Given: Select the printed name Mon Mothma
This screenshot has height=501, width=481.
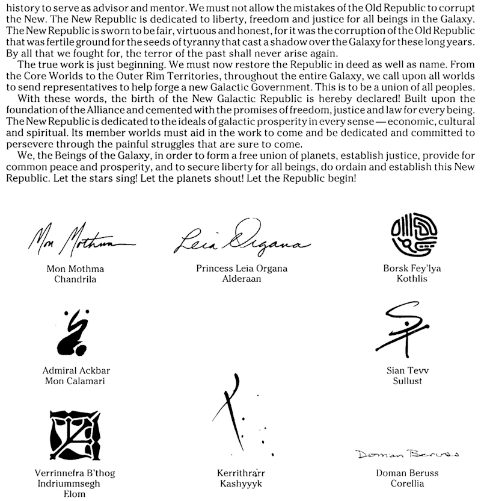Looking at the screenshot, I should (x=75, y=269).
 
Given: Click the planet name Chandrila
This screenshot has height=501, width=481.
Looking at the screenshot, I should (x=75, y=279).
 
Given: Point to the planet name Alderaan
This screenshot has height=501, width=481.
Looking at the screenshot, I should (x=242, y=279).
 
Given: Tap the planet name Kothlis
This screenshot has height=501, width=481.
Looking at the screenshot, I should (x=412, y=279).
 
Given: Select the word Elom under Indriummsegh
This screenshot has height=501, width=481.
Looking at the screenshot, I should (x=75, y=494).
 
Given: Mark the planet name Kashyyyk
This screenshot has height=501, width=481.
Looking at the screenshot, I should (x=240, y=484).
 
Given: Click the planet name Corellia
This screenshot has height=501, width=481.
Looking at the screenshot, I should (x=407, y=484).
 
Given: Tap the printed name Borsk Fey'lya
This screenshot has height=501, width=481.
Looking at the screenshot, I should (x=412, y=269).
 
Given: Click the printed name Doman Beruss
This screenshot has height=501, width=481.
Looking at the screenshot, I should (x=407, y=473).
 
